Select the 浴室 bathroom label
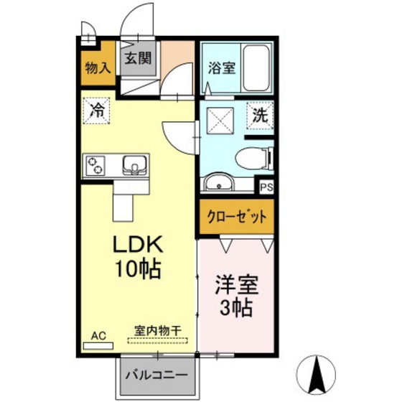222,69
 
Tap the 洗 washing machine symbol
260,113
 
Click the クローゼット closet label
237,216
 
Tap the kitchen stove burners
95,167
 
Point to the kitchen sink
134,165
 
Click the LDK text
138,246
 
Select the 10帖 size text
138,270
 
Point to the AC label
98,333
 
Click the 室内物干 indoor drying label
156,332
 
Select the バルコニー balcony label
157,375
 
